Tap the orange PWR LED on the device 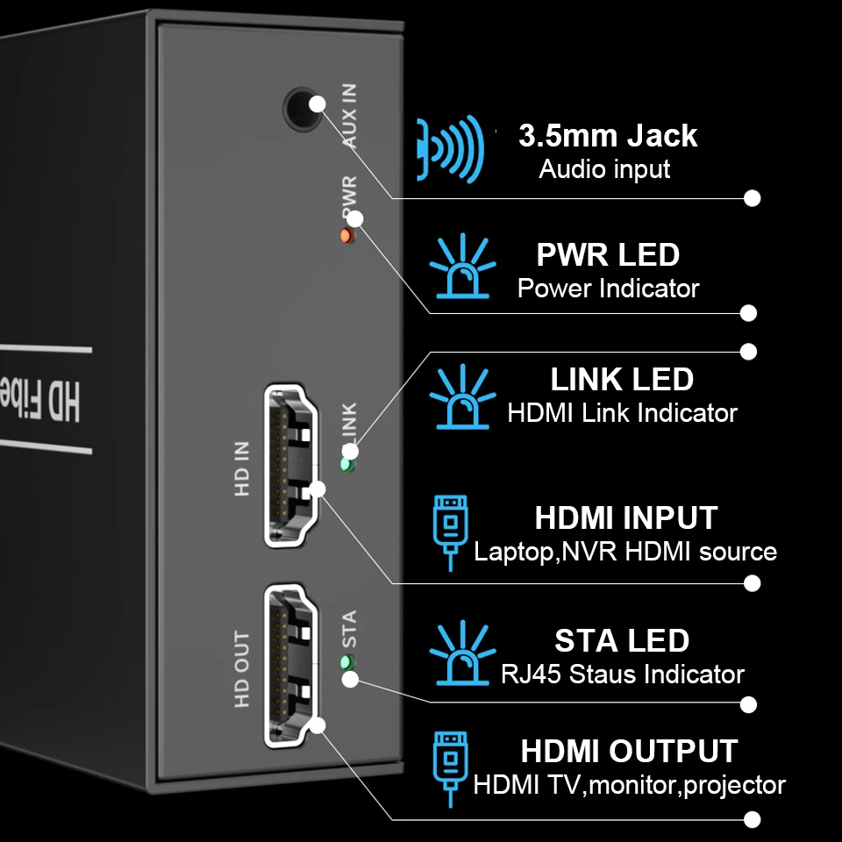coord(346,236)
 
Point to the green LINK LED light coord(347,465)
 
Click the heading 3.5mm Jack coord(608,136)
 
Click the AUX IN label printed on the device coord(348,115)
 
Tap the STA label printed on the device coord(348,629)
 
